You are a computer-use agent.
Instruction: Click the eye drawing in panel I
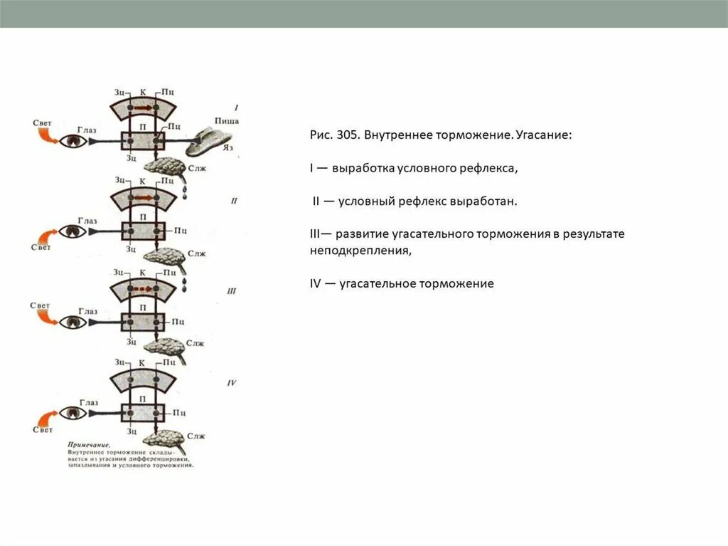coord(74,140)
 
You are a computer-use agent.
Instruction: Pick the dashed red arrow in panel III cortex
coord(142,289)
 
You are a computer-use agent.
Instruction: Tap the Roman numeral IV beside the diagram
coord(231,382)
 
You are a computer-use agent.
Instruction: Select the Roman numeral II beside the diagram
coord(234,201)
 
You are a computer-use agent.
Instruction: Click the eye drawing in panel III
coord(73,322)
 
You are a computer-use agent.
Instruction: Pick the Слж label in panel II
coord(196,253)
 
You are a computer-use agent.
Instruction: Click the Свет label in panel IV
coord(42,430)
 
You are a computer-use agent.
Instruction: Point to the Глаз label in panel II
coord(87,221)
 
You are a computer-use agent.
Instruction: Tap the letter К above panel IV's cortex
coord(142,363)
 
